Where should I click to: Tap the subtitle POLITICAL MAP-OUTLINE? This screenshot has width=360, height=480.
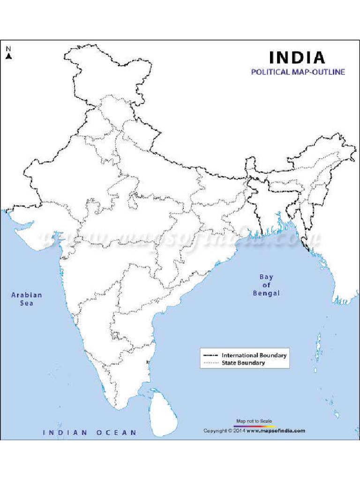pos(298,72)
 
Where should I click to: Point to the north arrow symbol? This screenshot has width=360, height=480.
pos(8,56)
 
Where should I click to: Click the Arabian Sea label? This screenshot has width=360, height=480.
pos(27,299)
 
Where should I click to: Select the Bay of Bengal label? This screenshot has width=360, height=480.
pos(266,285)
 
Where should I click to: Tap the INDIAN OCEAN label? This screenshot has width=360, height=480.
pos(90,433)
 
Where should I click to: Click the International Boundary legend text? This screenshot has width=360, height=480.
pos(254,355)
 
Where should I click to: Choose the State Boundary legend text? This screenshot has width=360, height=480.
pos(243,363)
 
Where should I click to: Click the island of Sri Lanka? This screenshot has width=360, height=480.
pos(162,413)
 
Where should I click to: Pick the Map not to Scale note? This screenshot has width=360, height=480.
pos(254,421)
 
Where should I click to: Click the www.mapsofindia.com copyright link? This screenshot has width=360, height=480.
pos(276,431)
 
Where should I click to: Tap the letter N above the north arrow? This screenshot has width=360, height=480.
pos(8,48)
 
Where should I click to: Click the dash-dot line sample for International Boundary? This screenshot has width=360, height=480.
pos(210,355)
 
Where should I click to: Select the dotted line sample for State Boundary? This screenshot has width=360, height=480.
pos(210,363)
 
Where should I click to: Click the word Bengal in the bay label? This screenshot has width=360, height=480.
pos(266,293)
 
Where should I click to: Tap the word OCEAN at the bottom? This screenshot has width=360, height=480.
pos(117,433)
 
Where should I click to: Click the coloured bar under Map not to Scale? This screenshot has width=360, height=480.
pos(254,426)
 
